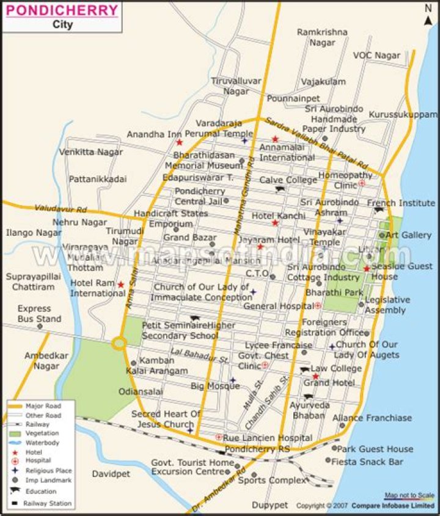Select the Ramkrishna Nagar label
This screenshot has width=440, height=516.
(321, 37)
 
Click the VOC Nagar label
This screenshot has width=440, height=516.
(376, 56)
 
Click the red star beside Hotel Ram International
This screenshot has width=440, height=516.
(120, 285)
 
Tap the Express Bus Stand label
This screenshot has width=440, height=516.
(39, 314)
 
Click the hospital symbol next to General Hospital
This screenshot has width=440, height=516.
(318, 305)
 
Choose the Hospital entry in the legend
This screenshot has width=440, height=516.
(38, 460)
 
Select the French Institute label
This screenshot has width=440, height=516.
(401, 203)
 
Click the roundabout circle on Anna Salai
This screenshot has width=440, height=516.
(119, 344)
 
